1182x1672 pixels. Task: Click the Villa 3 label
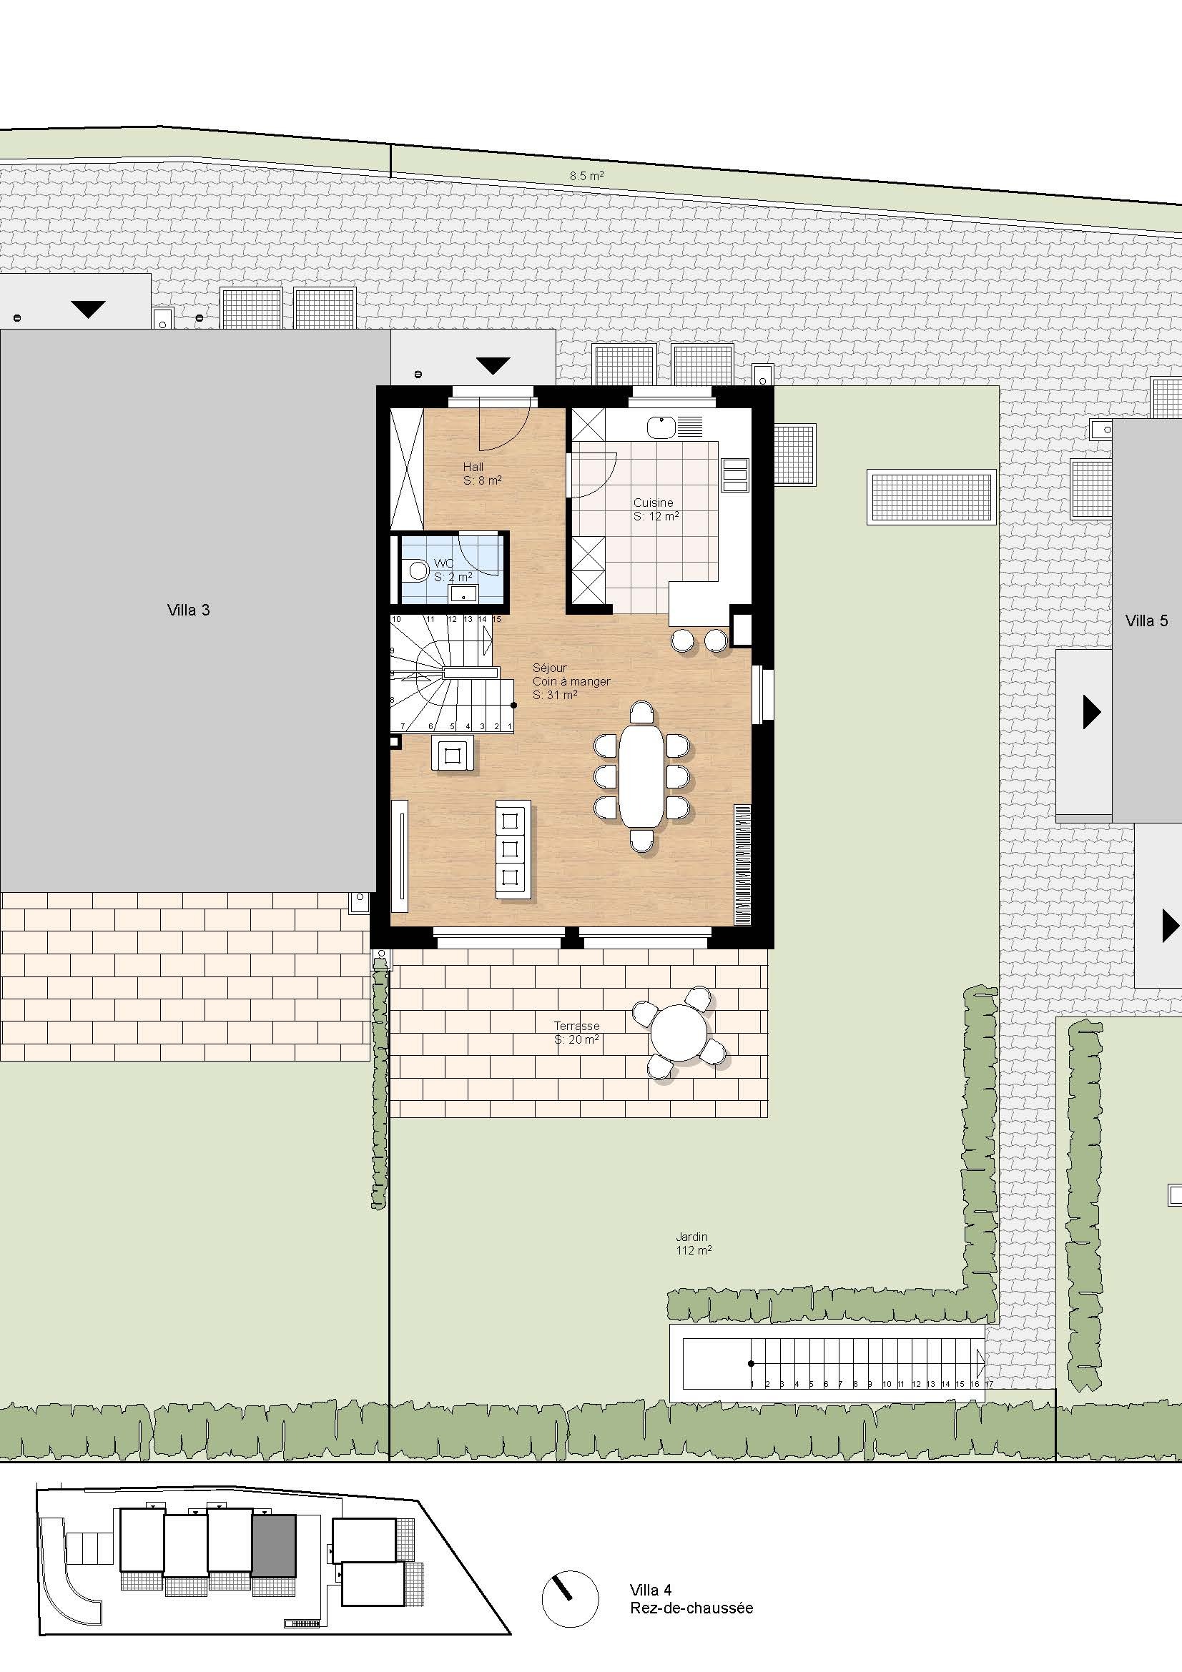tap(189, 610)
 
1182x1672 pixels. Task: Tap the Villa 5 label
tap(1146, 620)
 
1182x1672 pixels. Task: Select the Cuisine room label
tap(654, 503)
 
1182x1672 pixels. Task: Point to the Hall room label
tap(473, 467)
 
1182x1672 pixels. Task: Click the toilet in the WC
tap(416, 569)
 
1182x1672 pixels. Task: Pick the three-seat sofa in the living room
tap(513, 849)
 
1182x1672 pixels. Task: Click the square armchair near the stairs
tap(453, 753)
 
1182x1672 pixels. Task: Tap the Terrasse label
tap(577, 1026)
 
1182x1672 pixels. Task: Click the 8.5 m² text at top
tap(587, 176)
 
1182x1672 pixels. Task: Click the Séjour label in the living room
tap(549, 667)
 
